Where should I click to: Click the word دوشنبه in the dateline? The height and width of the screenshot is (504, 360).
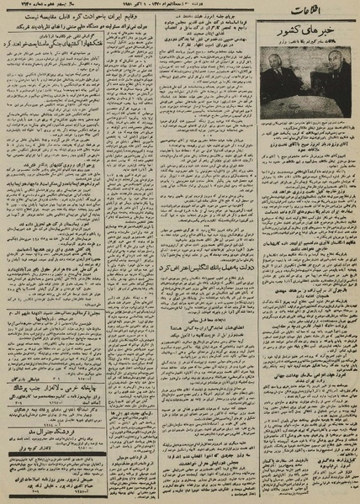236,9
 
